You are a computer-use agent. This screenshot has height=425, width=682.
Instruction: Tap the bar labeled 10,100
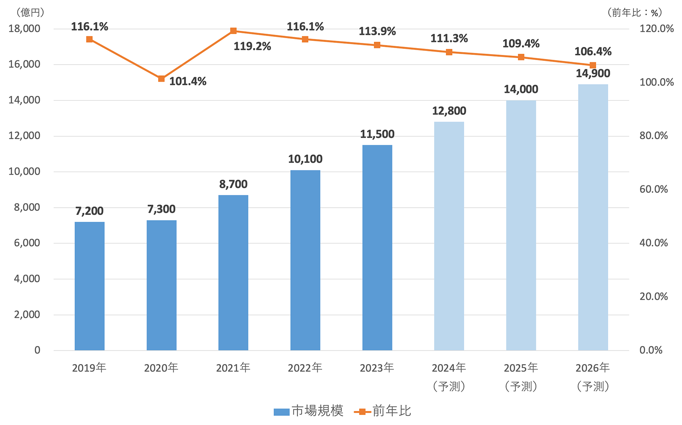pyautogui.click(x=305, y=260)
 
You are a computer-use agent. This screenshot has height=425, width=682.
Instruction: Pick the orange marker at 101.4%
pyautogui.click(x=161, y=79)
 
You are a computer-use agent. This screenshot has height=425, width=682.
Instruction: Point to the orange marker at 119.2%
pyautogui.click(x=233, y=31)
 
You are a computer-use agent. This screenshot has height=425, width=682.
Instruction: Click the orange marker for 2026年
pyautogui.click(x=593, y=65)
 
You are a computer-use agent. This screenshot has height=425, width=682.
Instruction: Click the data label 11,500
pyautogui.click(x=377, y=134)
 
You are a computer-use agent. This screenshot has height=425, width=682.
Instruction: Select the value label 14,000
pyautogui.click(x=521, y=89)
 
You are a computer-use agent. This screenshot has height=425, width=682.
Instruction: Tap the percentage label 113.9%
pyautogui.click(x=377, y=31)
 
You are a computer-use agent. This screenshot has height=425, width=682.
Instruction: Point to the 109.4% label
pyautogui.click(x=521, y=44)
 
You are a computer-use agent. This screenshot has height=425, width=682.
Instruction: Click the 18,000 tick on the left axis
pyautogui.click(x=24, y=28)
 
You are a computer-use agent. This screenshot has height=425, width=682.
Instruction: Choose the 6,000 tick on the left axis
pyautogui.click(x=27, y=243)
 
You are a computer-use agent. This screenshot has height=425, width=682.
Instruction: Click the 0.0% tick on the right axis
pyautogui.click(x=651, y=350)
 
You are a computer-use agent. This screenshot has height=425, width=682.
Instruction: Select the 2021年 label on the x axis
pyautogui.click(x=233, y=368)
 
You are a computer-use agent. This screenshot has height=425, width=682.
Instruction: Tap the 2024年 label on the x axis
pyautogui.click(x=449, y=368)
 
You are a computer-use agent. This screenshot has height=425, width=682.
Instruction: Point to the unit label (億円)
pyautogui.click(x=30, y=12)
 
